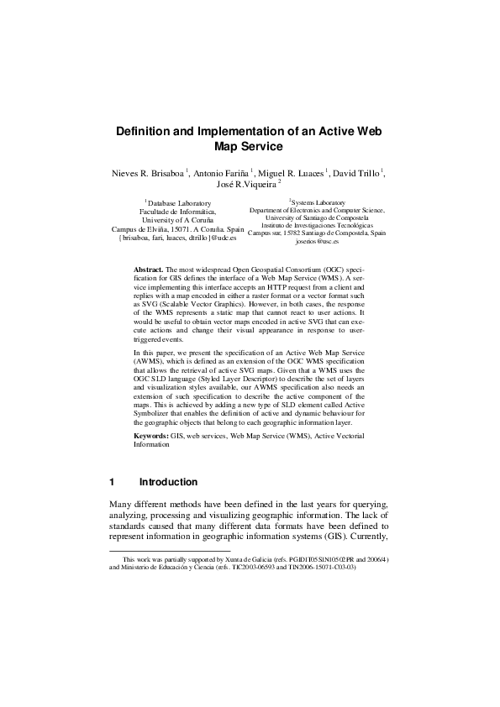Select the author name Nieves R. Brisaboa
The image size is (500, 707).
pyautogui.click(x=148, y=173)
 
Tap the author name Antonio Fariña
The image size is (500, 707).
pyautogui.click(x=222, y=173)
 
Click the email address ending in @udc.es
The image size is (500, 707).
pyautogui.click(x=178, y=238)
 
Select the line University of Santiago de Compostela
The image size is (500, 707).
pyautogui.click(x=317, y=218)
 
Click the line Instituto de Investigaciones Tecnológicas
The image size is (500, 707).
pyautogui.click(x=317, y=226)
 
